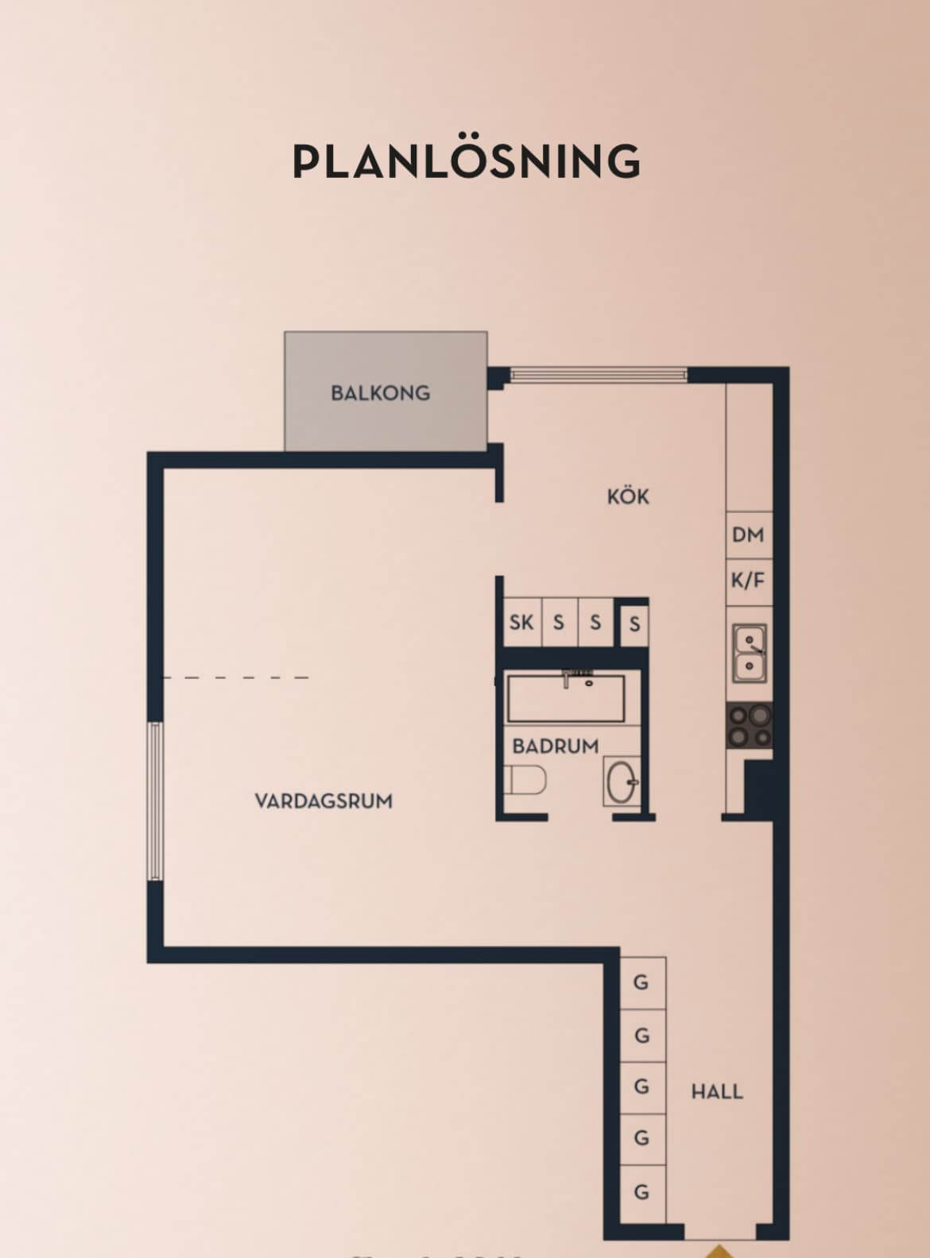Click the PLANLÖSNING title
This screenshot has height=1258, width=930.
466,161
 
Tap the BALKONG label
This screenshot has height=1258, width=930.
380,392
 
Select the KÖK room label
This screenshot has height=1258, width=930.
628,497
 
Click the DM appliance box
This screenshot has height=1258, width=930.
748,534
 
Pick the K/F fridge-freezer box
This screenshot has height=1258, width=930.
748,581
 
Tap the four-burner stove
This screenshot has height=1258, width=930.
749,725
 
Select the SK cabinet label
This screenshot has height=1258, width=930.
521,622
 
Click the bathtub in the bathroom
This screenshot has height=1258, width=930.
566,697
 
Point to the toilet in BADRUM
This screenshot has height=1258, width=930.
525,780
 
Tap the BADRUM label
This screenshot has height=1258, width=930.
556,747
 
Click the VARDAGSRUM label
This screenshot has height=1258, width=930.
324,801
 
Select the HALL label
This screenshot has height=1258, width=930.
717,1091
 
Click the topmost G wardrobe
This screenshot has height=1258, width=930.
641,982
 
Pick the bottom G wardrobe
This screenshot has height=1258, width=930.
641,1192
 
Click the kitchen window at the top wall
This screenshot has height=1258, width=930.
598,374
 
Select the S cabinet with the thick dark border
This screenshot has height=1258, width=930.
634,624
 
